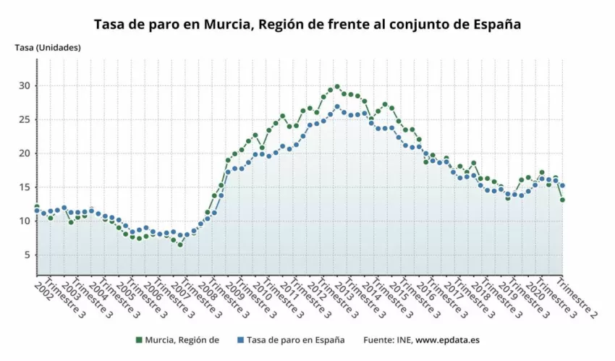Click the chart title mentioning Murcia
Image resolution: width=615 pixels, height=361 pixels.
click(x=307, y=24)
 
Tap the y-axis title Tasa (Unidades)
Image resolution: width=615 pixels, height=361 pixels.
click(x=48, y=48)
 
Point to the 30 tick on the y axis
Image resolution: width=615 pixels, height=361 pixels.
click(x=25, y=86)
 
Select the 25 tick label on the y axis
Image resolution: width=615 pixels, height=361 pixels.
click(x=25, y=120)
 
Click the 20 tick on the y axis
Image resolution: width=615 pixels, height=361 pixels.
click(x=25, y=153)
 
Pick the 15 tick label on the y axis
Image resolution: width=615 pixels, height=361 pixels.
click(x=25, y=187)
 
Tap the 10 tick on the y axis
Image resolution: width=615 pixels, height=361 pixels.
click(x=25, y=221)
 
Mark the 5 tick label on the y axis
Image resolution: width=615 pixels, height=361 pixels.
click(x=27, y=255)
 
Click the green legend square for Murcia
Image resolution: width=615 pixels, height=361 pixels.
click(x=138, y=339)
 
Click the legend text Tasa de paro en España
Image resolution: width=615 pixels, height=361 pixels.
click(x=295, y=339)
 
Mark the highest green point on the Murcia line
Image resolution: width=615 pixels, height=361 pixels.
click(x=337, y=87)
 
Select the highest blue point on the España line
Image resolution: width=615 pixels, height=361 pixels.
click(x=337, y=107)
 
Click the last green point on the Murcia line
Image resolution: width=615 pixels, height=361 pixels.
click(x=562, y=200)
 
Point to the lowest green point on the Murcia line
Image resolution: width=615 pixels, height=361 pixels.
click(x=180, y=245)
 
